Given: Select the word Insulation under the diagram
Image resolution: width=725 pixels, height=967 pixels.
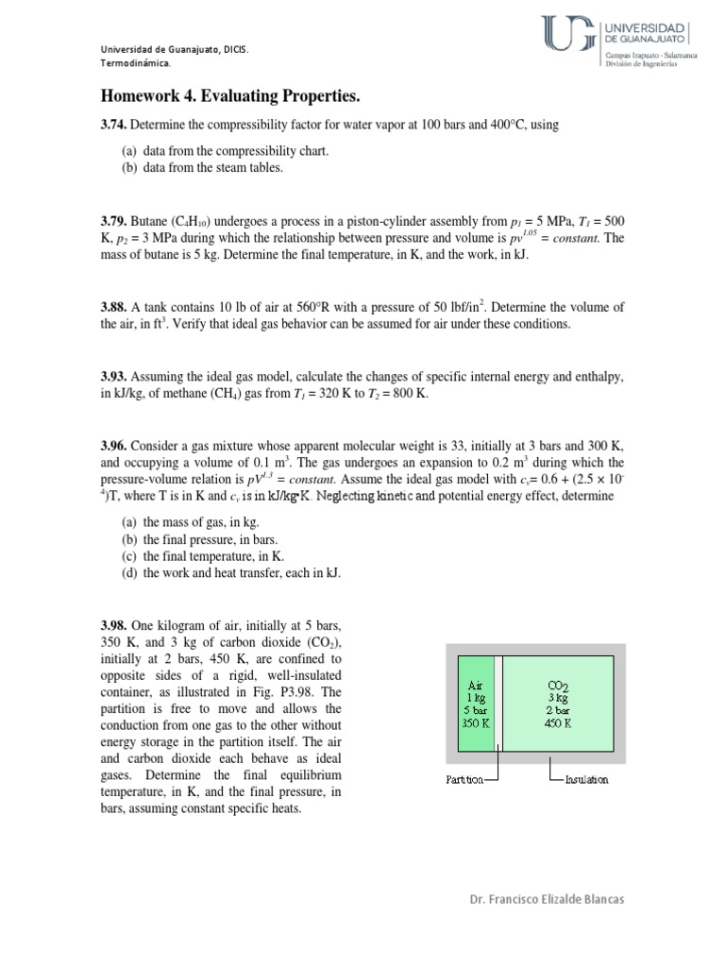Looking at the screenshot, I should click(585, 779).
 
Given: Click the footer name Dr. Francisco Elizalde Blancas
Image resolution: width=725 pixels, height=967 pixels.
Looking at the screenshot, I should click(546, 899).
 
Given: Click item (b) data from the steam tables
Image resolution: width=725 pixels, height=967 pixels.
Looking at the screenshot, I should click(202, 168).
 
